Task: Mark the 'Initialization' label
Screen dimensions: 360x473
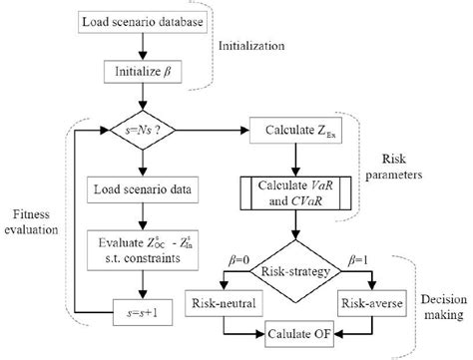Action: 262,46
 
